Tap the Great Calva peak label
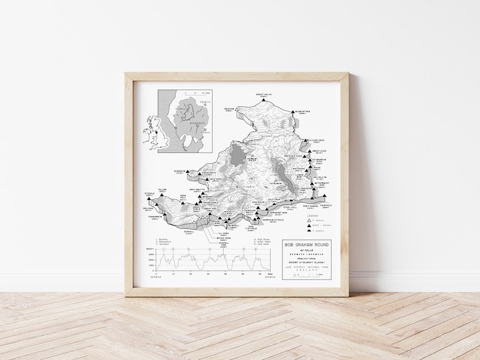[264, 95]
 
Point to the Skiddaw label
[229, 110]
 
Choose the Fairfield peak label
[326, 206]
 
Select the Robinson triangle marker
[187, 172]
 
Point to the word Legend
[312, 215]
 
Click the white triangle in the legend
[308, 221]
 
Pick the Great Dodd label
[319, 152]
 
